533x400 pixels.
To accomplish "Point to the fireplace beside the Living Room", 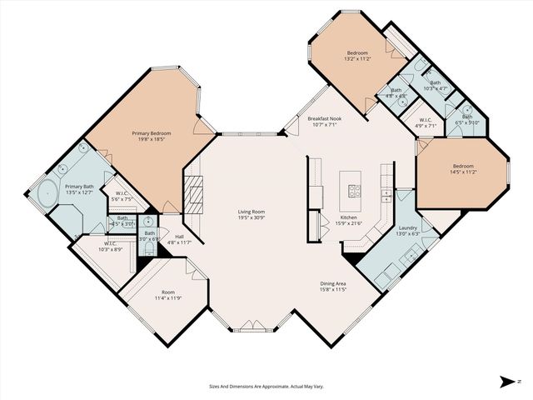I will [x=194, y=196].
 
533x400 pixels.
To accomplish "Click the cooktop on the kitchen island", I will [x=353, y=189].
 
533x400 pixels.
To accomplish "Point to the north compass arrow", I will [x=506, y=382].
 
